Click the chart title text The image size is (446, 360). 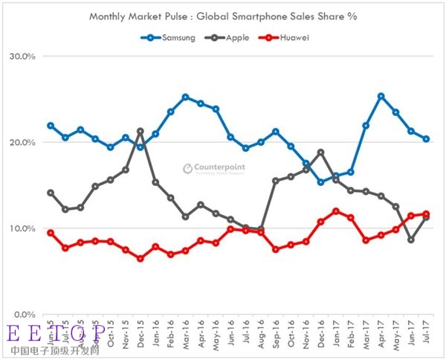[222, 16]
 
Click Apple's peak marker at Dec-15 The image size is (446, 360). [140, 131]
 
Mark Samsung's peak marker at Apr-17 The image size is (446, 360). [381, 96]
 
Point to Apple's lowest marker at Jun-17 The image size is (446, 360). [411, 240]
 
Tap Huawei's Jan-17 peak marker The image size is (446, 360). [336, 211]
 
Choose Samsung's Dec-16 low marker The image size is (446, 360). [320, 182]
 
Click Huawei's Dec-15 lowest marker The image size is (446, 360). [140, 259]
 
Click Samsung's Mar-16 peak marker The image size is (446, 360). [185, 97]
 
